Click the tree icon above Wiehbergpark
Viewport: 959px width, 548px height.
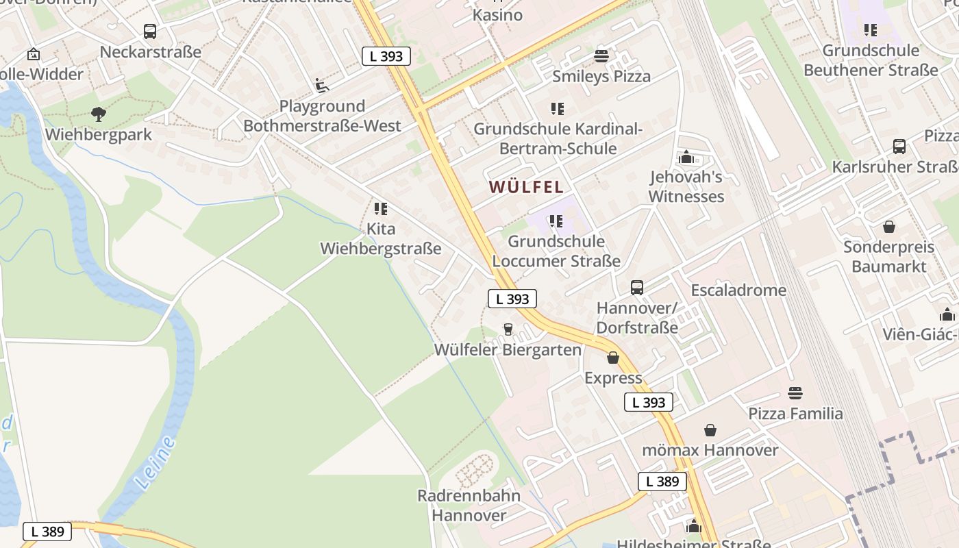(x=99, y=114)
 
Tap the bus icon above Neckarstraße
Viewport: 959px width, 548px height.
(x=150, y=32)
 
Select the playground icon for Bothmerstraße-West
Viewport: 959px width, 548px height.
(x=322, y=86)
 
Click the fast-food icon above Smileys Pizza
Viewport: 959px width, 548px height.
(x=601, y=56)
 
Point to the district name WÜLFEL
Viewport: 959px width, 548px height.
(x=526, y=186)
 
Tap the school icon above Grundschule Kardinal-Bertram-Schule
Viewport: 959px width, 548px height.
(x=557, y=109)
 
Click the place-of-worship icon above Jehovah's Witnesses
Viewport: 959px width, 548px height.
(x=686, y=158)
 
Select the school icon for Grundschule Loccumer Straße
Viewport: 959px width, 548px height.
(x=556, y=221)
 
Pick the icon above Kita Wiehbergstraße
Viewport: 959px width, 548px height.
(x=380, y=209)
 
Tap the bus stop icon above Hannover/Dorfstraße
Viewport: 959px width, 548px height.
(x=637, y=288)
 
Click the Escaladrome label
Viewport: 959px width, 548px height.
(x=738, y=290)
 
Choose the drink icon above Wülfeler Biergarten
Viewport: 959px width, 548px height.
(x=508, y=329)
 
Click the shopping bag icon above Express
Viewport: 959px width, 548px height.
(x=613, y=358)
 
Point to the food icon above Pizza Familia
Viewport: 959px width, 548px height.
(x=795, y=393)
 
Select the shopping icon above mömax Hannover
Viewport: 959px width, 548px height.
(x=710, y=430)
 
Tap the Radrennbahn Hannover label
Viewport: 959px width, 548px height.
(x=469, y=505)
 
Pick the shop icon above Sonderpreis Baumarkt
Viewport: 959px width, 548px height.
(x=888, y=227)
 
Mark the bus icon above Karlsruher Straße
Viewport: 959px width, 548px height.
(x=899, y=147)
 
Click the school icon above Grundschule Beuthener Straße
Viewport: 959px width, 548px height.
(x=870, y=30)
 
